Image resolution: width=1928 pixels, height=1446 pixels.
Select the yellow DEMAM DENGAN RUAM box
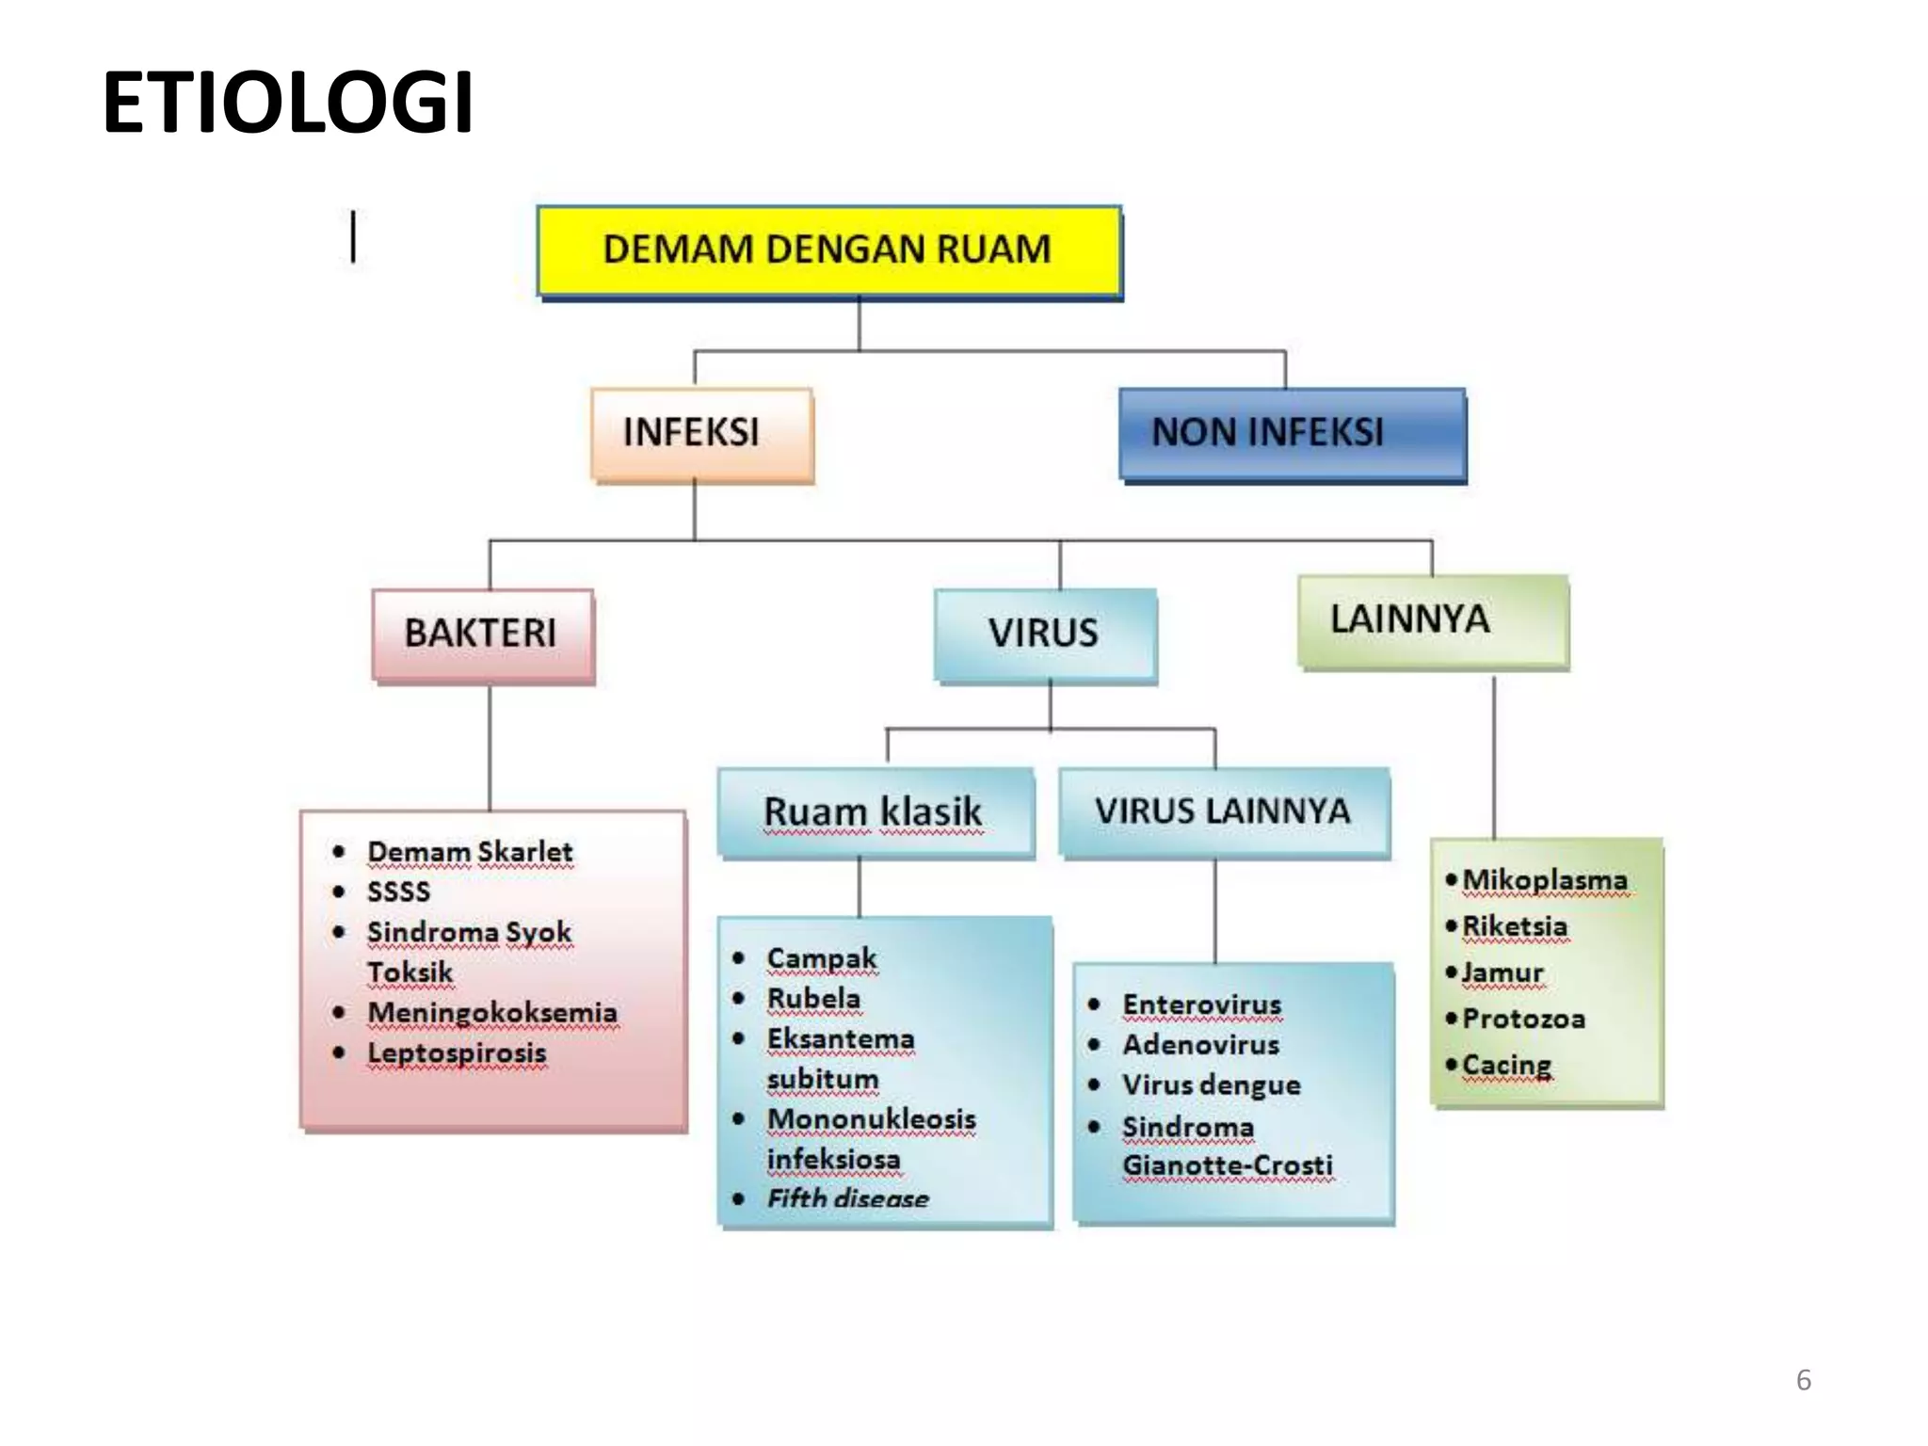pos(828,250)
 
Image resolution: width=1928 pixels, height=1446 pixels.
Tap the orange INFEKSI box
pos(701,434)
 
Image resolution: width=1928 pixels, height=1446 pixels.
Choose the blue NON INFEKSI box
pos(1292,434)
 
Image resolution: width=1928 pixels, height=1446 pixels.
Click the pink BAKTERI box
pos(483,634)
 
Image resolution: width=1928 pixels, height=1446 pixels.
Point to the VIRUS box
pos(1045,634)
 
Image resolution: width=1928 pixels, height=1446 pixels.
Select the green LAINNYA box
pos(1432,620)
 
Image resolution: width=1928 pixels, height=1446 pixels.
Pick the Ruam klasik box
pos(875,812)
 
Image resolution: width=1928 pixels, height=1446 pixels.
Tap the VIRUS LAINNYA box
pos(1224,811)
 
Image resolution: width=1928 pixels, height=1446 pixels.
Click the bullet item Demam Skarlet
pos(470,852)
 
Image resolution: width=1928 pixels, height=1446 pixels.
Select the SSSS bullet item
pos(398,892)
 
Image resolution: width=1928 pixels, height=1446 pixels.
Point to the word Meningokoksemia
pos(492,1013)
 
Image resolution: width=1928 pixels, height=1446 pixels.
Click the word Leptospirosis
pos(457,1053)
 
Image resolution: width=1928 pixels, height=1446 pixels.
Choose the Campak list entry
pos(822,958)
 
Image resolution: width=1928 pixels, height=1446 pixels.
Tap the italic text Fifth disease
pos(847,1198)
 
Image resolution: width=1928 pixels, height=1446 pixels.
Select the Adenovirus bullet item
pos(1200,1045)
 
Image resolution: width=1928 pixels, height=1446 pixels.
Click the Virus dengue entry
pos(1211,1085)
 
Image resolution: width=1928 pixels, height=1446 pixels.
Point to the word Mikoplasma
pos(1545,880)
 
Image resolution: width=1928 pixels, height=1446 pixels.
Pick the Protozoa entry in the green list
pos(1523,1019)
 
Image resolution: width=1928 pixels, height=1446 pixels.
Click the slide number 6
pos(1803,1380)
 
